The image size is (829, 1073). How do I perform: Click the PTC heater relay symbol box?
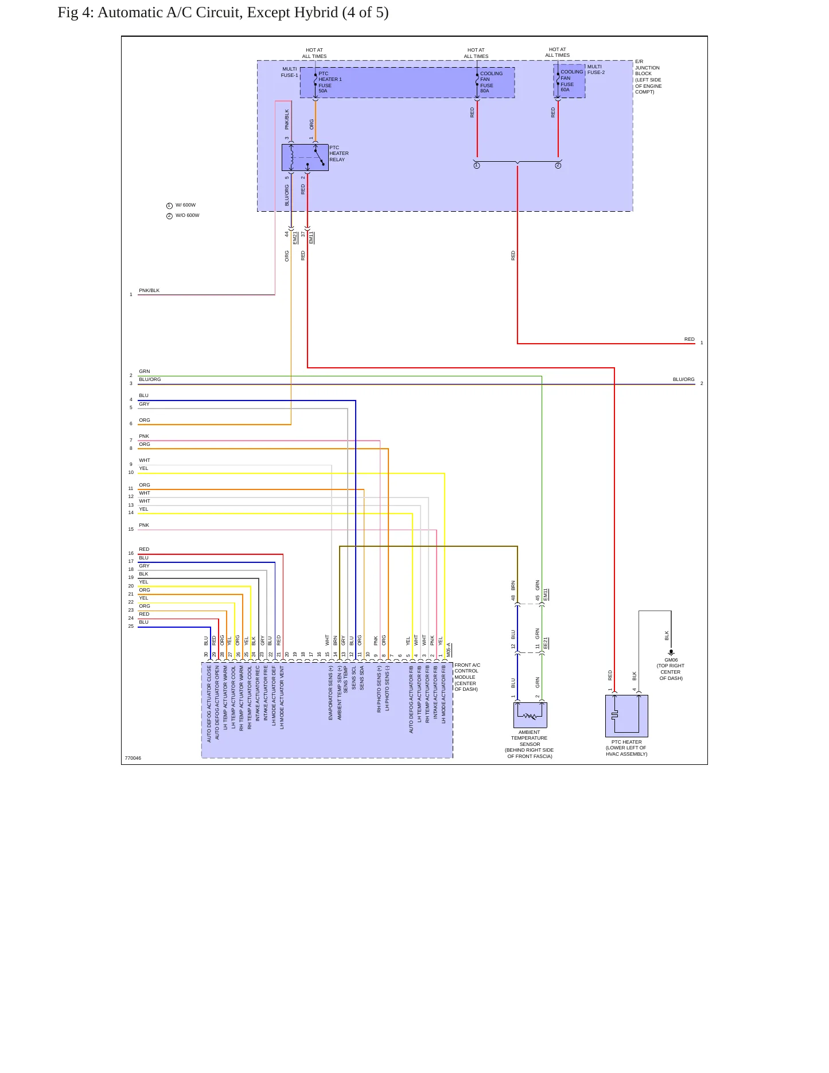tap(305, 157)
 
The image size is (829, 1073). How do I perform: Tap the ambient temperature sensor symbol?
tap(530, 715)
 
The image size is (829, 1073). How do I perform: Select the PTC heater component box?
tap(626, 716)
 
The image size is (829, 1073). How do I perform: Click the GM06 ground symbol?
tap(671, 652)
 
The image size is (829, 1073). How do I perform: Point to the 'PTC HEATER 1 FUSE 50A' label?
tap(330, 82)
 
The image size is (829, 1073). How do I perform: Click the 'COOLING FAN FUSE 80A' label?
tap(491, 82)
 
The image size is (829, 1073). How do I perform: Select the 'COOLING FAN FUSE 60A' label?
tap(571, 81)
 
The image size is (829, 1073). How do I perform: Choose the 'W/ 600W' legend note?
tap(185, 205)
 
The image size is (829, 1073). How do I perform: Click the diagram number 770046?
tap(133, 758)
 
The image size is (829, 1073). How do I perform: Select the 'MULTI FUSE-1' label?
tap(290, 72)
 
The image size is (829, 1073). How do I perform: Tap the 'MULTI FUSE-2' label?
tap(596, 69)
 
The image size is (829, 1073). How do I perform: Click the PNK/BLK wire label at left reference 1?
tap(149, 290)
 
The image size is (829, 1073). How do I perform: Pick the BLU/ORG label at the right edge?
tap(683, 379)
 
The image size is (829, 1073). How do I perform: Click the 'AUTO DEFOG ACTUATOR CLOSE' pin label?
tap(209, 703)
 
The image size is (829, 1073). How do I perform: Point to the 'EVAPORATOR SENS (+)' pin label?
tap(330, 693)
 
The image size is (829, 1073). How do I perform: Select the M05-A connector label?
tap(449, 650)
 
